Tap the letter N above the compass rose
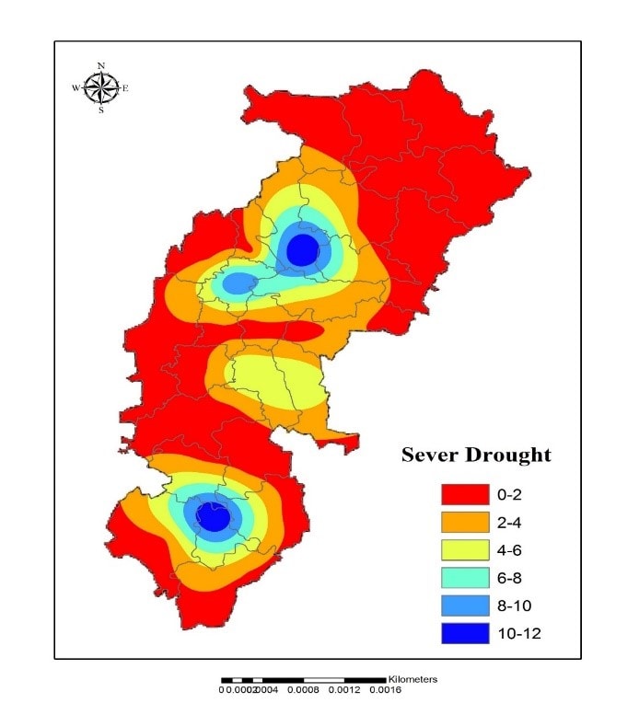[101, 65]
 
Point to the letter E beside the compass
[125, 88]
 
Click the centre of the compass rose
[101, 88]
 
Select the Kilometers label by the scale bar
[412, 679]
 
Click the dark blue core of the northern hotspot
[302, 249]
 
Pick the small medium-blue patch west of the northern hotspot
[239, 283]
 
